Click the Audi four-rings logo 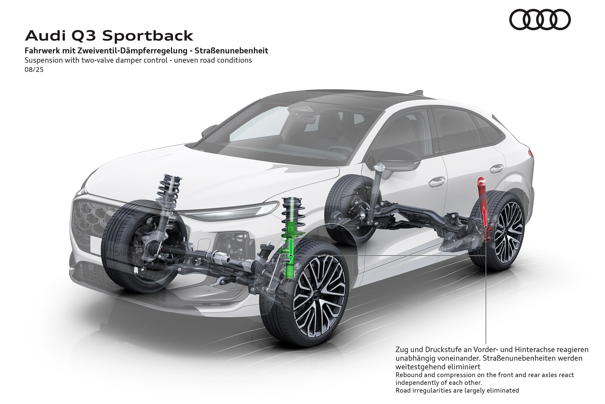pos(540,19)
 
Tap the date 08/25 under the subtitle pos(34,70)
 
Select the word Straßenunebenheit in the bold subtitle pos(231,51)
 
